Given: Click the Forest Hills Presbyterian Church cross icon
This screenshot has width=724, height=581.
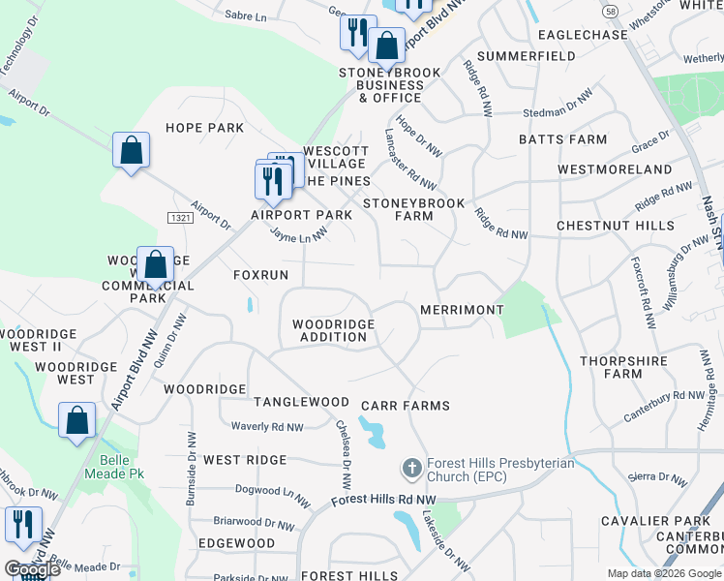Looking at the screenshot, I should pyautogui.click(x=411, y=470).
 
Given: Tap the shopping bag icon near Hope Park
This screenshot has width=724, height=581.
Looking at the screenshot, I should pyautogui.click(x=131, y=150).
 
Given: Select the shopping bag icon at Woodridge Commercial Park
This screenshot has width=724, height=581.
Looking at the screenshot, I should pyautogui.click(x=155, y=263).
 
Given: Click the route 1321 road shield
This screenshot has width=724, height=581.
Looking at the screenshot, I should pyautogui.click(x=178, y=218).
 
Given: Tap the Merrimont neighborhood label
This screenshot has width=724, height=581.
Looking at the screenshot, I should pyautogui.click(x=462, y=310).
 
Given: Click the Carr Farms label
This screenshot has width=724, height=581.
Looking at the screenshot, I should pyautogui.click(x=405, y=406).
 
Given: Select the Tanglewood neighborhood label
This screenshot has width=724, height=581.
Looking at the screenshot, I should pyautogui.click(x=301, y=402).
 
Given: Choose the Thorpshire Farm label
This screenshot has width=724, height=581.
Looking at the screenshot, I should pyautogui.click(x=624, y=367).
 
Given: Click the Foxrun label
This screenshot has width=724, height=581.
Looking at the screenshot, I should pyautogui.click(x=261, y=276).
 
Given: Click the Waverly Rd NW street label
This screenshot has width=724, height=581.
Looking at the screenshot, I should pyautogui.click(x=267, y=427).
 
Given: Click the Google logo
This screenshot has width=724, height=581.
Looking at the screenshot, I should pyautogui.click(x=32, y=569).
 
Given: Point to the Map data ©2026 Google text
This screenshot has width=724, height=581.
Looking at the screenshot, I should pyautogui.click(x=664, y=573).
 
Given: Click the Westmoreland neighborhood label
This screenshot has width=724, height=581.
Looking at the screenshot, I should pyautogui.click(x=615, y=169).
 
